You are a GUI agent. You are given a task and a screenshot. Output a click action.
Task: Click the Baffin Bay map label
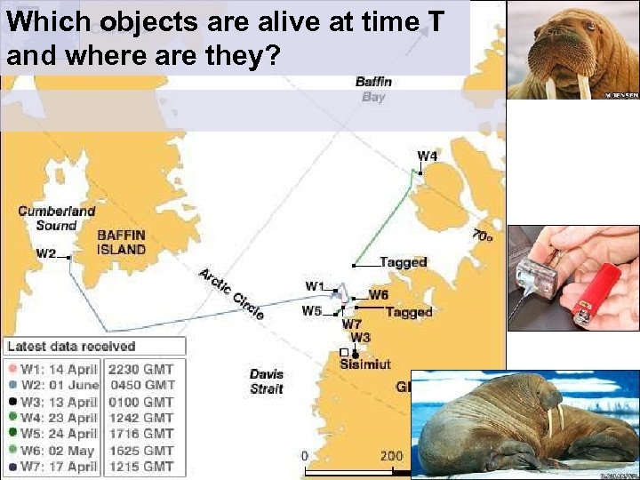pos(374,89)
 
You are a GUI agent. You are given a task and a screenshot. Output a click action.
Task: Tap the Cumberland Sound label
pos(57,219)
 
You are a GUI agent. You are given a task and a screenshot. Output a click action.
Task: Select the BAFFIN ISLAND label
pos(121,243)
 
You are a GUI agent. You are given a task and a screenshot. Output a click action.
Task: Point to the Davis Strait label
pos(267,381)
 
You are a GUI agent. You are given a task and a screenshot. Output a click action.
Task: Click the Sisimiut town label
pos(365,364)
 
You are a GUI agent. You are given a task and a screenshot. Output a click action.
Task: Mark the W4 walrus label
pos(428,156)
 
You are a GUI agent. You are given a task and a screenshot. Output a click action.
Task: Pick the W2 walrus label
pos(46,254)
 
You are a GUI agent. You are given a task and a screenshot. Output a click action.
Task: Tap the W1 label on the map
pos(315,286)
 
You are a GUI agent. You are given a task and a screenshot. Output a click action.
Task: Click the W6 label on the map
pos(379,294)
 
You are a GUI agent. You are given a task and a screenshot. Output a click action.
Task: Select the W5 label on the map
pos(311,311)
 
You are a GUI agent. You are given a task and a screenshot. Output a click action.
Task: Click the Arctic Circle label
pos(231,293)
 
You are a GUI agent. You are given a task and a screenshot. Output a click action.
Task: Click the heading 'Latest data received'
pos(71,347)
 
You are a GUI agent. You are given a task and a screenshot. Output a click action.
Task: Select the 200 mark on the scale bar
pos(392,456)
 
